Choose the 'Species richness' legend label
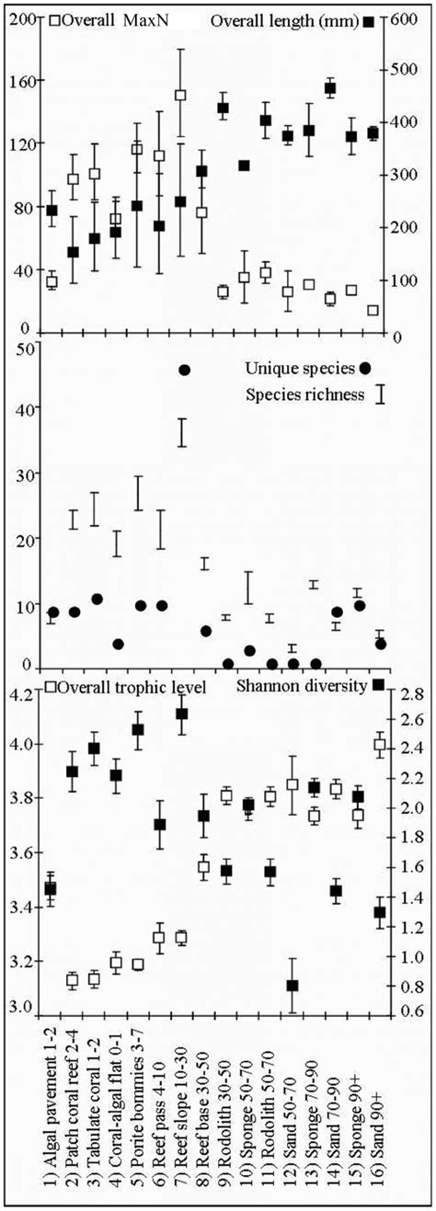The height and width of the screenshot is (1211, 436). (293, 395)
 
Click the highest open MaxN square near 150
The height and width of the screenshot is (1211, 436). (181, 96)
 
